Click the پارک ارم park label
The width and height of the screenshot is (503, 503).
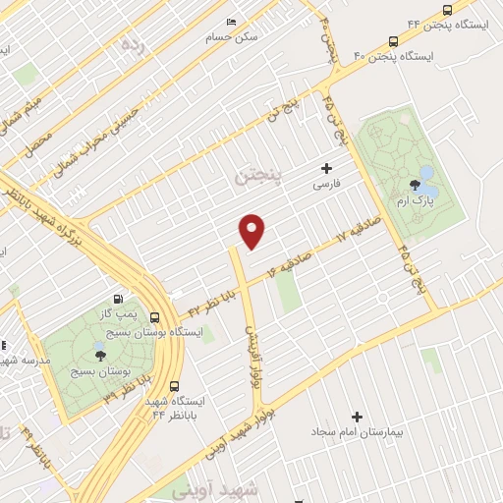tap(414, 201)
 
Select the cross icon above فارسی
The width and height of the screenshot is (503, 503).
tap(326, 169)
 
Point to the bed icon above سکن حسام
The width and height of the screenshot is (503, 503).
tap(232, 22)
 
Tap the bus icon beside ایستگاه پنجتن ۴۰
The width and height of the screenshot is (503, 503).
tap(394, 41)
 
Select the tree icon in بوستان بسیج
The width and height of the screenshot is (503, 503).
tap(101, 356)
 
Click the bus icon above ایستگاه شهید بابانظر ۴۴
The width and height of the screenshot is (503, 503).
tap(174, 386)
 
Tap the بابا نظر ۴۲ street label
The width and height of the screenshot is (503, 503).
tap(212, 301)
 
